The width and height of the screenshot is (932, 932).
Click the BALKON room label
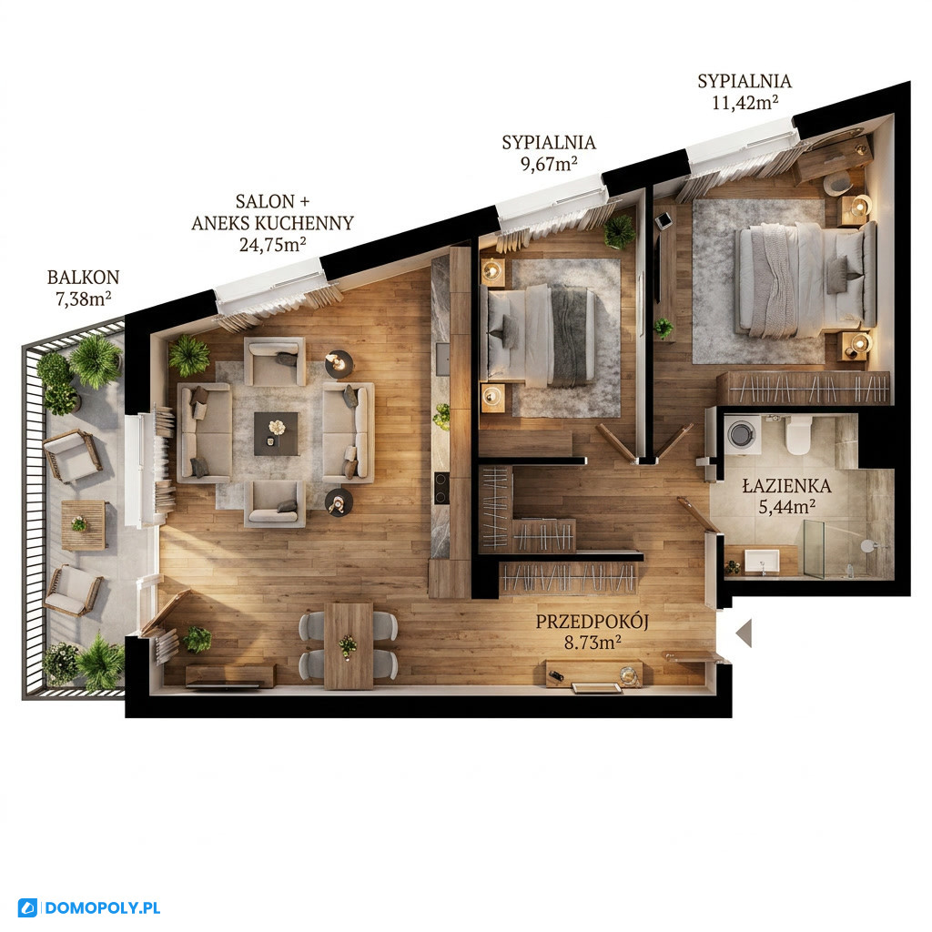point(83,277)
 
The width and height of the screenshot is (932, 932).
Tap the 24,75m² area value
point(273,244)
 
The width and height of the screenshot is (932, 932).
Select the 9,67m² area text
point(549,164)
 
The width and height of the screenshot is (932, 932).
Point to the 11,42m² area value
point(745,102)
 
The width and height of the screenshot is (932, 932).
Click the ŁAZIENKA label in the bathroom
point(787,485)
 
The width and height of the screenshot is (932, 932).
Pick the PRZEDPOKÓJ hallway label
point(592,622)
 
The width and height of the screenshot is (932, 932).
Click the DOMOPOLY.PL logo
point(89,908)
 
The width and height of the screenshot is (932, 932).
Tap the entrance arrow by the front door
point(745,633)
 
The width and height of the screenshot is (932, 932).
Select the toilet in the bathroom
point(797,435)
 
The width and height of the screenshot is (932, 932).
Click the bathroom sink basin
point(762,561)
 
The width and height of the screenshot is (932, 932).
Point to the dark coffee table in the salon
point(277,434)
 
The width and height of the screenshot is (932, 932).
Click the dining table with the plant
point(349,645)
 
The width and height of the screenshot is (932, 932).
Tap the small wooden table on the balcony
point(84,524)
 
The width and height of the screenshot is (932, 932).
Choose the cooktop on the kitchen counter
point(441,488)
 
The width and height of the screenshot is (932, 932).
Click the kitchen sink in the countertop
point(443,359)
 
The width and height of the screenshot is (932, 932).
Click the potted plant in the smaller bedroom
point(620,230)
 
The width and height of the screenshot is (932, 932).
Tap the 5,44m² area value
point(787,507)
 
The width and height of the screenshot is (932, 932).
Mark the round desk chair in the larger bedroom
point(837,183)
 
